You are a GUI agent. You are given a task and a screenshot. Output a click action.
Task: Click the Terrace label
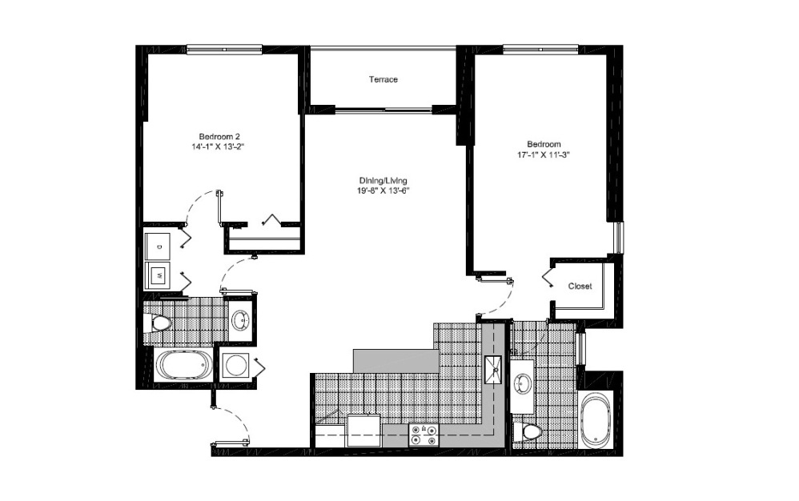tap(383, 80)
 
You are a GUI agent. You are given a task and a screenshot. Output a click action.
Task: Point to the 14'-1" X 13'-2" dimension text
tap(220, 146)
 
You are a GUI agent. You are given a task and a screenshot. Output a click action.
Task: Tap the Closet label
tap(580, 287)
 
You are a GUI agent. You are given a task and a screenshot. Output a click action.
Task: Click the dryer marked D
tap(159, 245)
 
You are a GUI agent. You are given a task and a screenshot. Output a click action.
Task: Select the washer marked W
tap(159, 275)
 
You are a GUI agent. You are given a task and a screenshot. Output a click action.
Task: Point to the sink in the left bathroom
tap(239, 322)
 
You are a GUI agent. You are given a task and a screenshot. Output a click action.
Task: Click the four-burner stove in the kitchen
tap(424, 435)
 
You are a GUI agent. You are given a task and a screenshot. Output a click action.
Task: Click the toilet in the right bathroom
tap(530, 432)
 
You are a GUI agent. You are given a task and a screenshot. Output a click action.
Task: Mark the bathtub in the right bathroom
tap(597, 420)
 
